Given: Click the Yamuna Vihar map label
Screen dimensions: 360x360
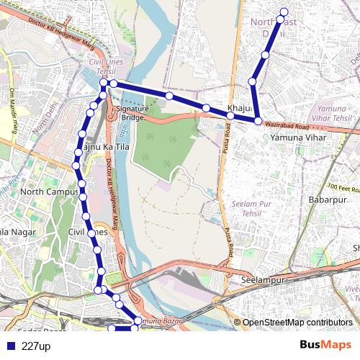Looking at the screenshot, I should coord(298,137).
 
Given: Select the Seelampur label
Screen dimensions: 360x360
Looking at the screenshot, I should coord(264,279).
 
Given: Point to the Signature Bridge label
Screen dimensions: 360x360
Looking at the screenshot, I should coord(134,112).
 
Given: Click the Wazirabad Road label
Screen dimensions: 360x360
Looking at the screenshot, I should coord(287,125).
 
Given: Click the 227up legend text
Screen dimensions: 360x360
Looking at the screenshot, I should coord(36,346).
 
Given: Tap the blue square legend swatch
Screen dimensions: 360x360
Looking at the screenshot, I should coord(10,346).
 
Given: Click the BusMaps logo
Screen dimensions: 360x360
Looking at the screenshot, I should coord(326,346).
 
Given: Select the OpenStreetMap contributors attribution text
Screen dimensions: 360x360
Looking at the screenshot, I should coord(297,323).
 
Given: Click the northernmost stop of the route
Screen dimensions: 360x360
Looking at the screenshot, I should coord(284,12).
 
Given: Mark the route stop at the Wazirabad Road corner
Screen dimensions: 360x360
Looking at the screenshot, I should coord(257,120).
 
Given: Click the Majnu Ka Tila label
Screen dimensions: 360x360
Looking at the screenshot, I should coord(104,147).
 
